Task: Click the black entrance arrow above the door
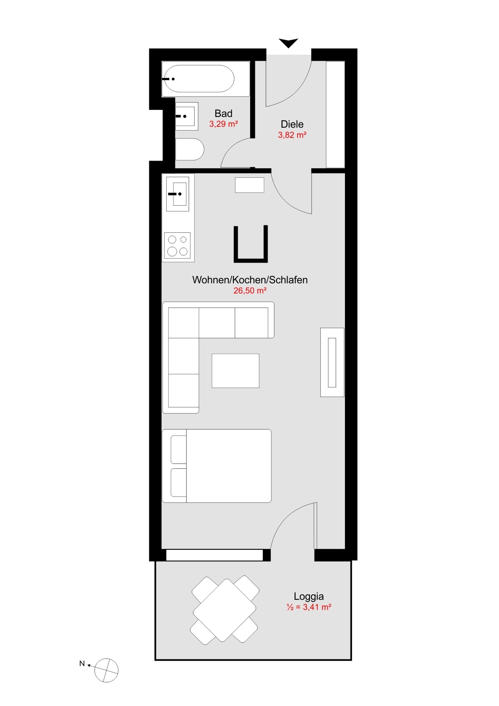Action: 288,43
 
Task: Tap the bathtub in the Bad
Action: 199,79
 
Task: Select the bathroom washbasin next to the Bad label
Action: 187,116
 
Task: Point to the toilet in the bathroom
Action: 189,149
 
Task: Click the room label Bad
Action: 223,114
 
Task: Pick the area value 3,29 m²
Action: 223,124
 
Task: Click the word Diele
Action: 292,124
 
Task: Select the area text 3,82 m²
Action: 292,135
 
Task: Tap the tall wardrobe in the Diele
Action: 335,114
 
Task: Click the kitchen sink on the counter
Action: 178,194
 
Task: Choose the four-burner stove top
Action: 177,246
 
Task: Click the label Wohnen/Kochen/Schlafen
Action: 250,280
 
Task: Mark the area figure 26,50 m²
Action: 250,290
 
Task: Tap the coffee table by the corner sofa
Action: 235,371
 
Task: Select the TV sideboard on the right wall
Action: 332,362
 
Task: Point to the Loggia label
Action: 309,596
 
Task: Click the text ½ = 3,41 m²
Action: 309,607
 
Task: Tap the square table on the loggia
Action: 224,610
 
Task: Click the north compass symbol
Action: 106,670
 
